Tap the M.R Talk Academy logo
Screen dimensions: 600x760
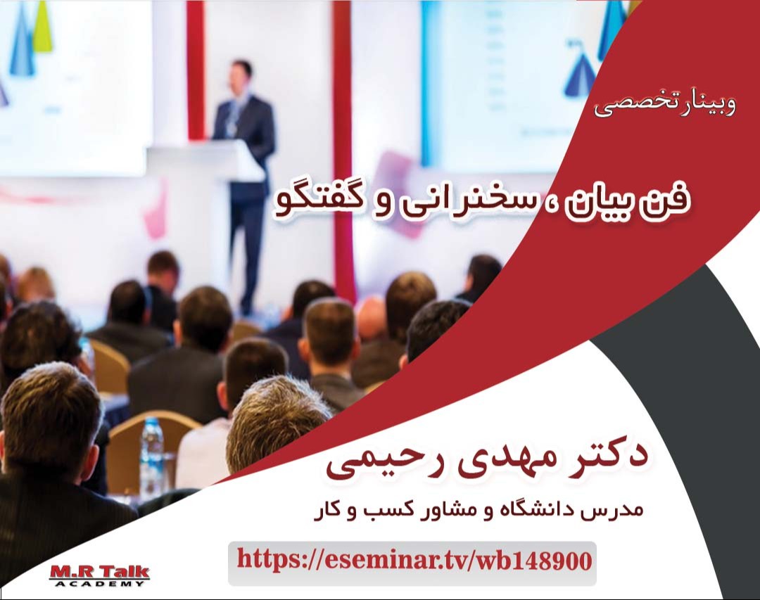tap(99, 575)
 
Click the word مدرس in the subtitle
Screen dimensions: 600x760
tap(619, 509)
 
